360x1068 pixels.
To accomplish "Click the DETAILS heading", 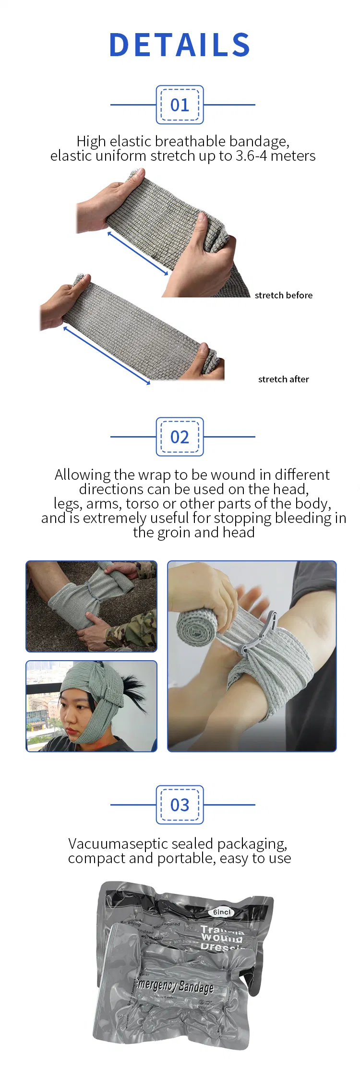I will (x=180, y=45).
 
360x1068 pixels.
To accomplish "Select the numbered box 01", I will (x=180, y=105).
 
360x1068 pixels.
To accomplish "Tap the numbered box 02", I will (x=180, y=437).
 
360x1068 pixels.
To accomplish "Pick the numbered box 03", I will (x=180, y=805).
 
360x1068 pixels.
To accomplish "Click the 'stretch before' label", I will (x=283, y=295).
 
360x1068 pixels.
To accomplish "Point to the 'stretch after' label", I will (x=283, y=379).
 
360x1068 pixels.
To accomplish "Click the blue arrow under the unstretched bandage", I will (x=138, y=254).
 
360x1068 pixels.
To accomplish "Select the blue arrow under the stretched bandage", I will (x=107, y=355).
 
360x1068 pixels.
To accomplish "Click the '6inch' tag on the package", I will (x=222, y=912).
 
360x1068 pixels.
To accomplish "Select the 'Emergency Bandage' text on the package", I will (x=175, y=986).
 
